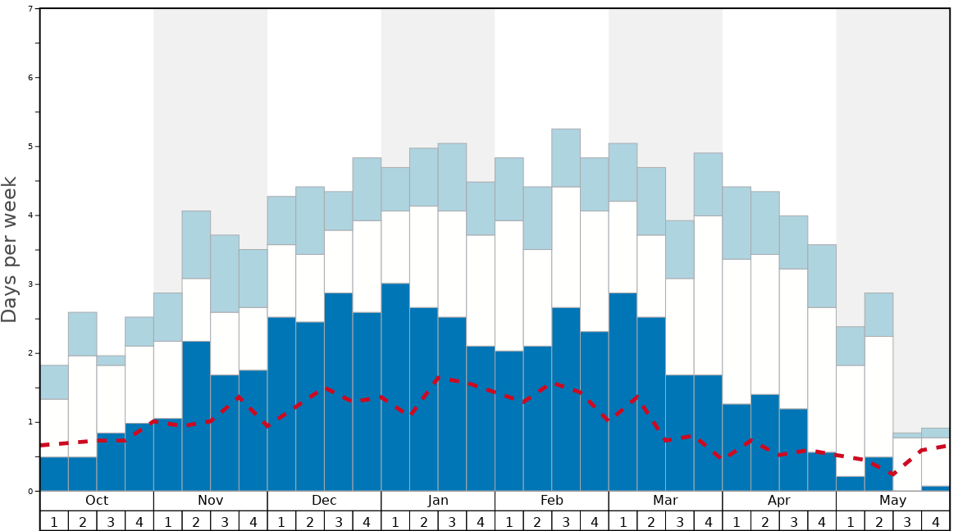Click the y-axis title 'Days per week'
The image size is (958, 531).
[10, 249]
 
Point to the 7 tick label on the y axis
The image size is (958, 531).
[30, 9]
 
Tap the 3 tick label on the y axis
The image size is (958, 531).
[30, 284]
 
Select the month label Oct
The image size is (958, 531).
[97, 501]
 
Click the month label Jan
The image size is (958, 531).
[438, 501]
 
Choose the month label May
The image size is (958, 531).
[893, 501]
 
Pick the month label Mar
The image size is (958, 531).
[665, 501]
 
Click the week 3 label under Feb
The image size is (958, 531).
[566, 521]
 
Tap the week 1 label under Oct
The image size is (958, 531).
[54, 521]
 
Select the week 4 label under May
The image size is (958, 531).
[936, 521]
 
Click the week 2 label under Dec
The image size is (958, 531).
[310, 521]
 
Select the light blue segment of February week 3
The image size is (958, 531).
[566, 157]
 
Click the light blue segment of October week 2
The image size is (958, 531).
[82, 334]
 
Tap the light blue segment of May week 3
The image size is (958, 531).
[907, 435]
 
